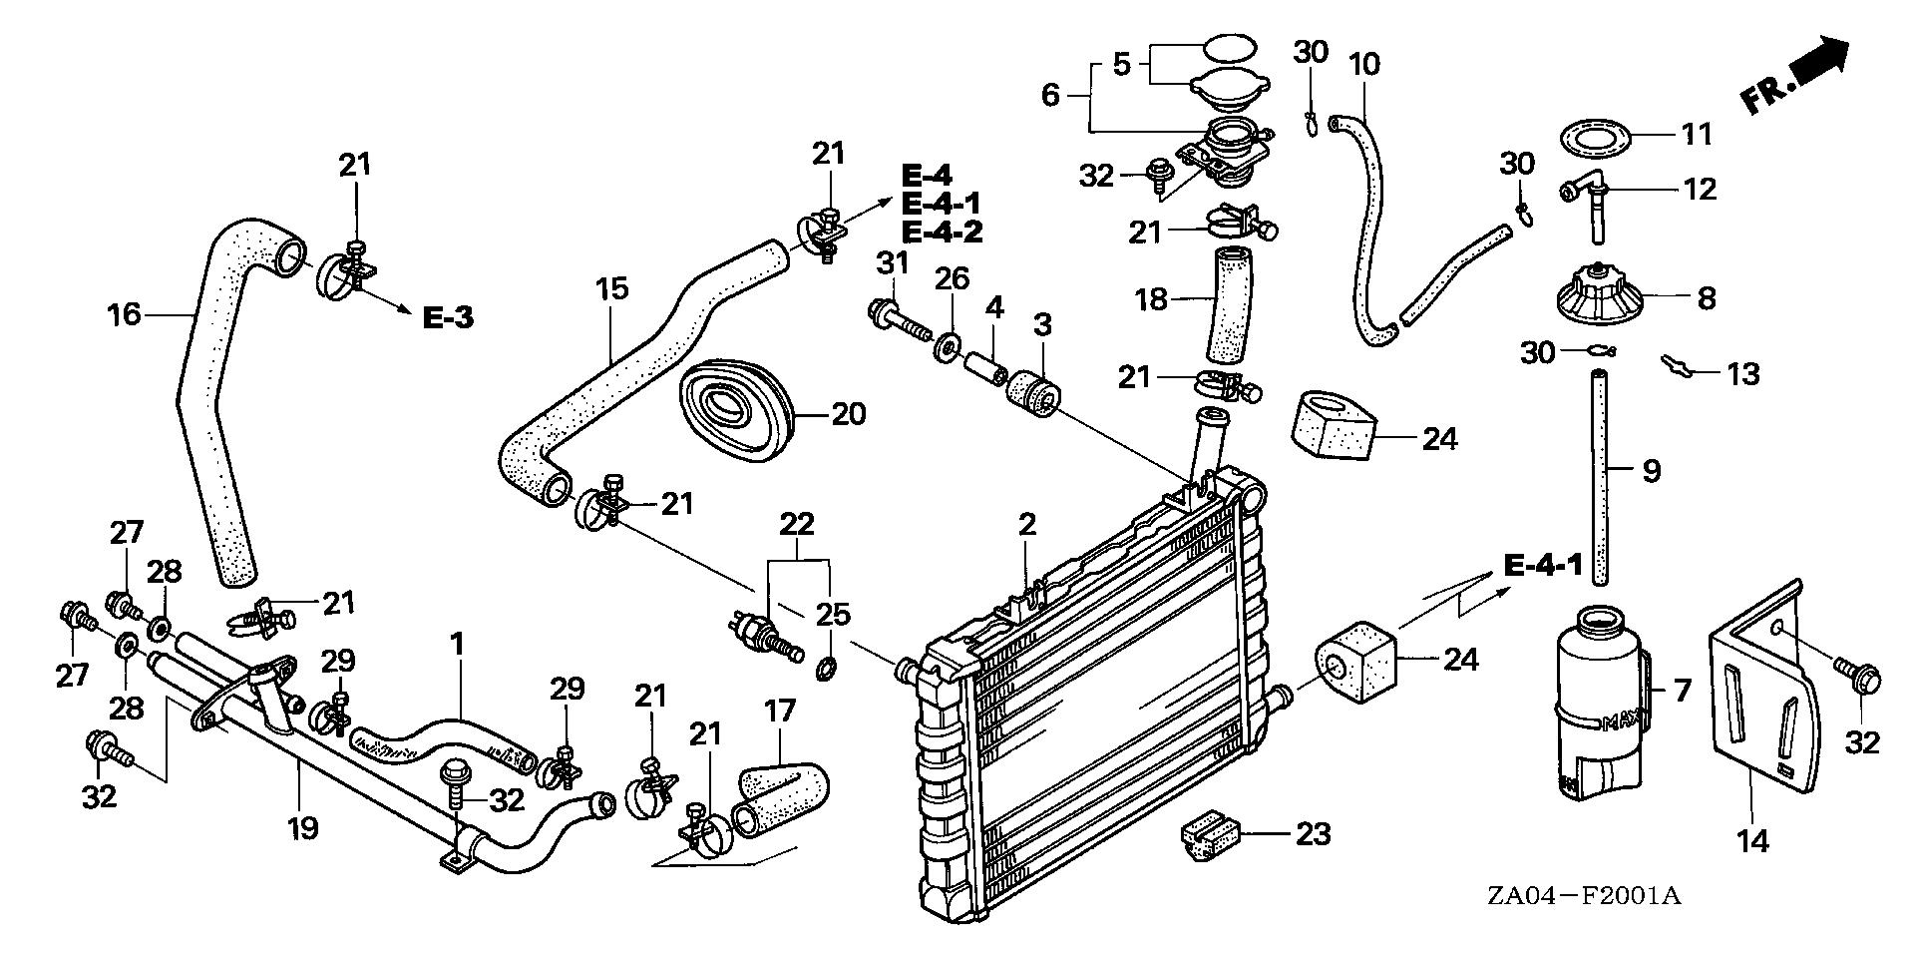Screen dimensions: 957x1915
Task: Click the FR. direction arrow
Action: [x=1795, y=74]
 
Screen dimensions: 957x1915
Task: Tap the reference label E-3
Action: [x=447, y=318]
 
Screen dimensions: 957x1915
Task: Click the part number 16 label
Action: [x=125, y=315]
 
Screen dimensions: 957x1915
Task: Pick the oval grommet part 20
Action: [x=734, y=411]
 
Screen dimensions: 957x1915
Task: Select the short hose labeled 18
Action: [x=1229, y=305]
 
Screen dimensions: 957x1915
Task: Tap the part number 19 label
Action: [x=303, y=827]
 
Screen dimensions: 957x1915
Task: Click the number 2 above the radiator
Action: [x=1027, y=525]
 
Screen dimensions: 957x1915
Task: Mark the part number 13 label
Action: [x=1742, y=374]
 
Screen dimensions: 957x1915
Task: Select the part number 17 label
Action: [x=780, y=712]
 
